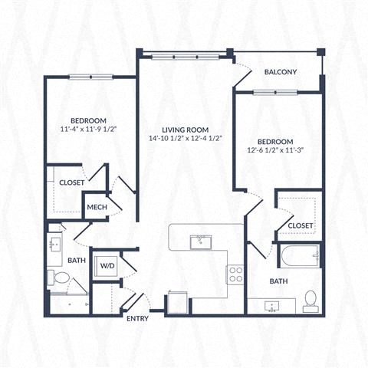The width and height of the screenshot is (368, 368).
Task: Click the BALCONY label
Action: pos(281,72)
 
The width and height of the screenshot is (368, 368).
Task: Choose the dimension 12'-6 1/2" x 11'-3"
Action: pos(274,152)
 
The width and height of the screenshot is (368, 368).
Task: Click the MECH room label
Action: pos(96,207)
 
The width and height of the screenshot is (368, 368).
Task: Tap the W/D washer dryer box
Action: pos(105,265)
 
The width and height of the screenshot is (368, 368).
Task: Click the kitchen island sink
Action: pos(202,242)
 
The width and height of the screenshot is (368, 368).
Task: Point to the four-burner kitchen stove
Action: pos(235,274)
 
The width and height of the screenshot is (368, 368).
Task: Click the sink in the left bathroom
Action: pos(55,245)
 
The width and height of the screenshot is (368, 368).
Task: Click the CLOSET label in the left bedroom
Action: pos(72,182)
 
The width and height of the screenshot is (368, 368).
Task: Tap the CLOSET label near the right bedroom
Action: pos(300,225)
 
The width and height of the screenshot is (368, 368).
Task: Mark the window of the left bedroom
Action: pos(90,77)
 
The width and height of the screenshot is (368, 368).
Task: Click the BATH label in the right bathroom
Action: pos(278,281)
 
